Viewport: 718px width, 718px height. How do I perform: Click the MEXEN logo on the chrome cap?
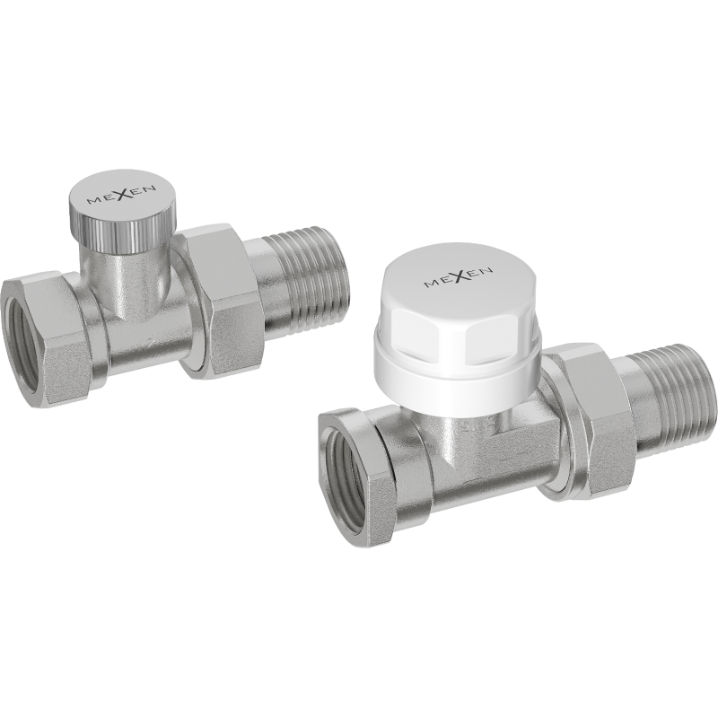[113, 193]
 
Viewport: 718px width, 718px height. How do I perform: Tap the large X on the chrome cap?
[114, 192]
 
